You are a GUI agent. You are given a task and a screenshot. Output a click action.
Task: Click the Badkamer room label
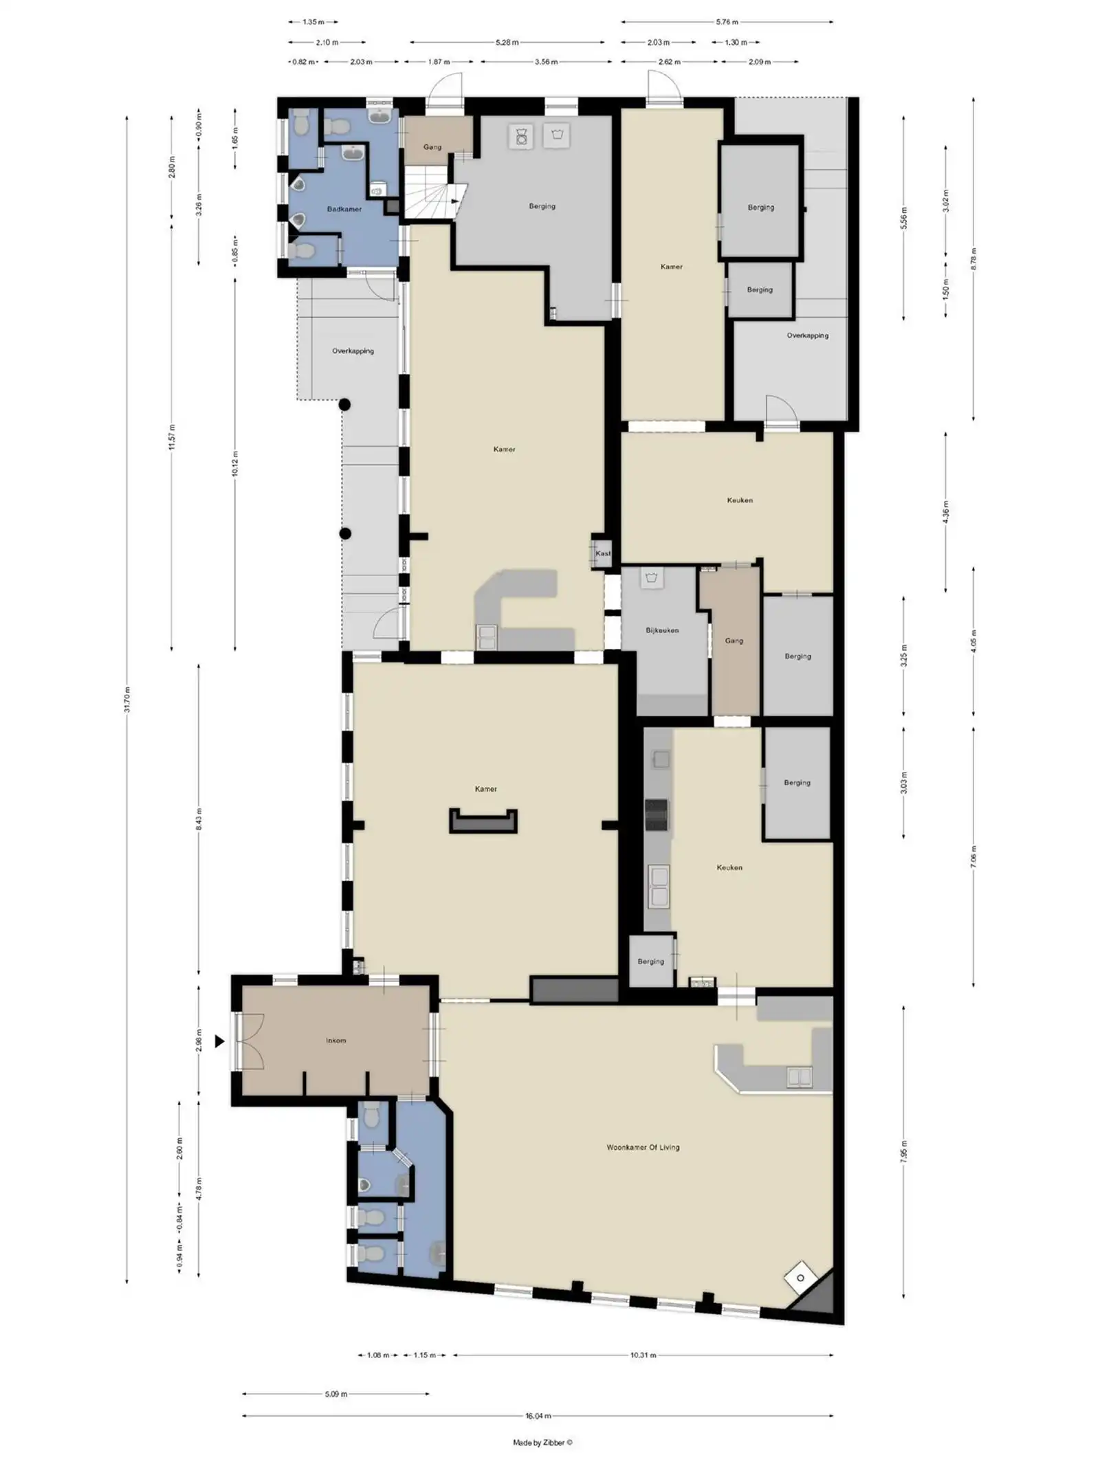(x=344, y=209)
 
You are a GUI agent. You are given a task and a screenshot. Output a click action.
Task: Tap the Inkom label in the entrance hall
(x=336, y=1041)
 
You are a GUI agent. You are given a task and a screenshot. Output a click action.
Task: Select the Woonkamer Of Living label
(x=643, y=1147)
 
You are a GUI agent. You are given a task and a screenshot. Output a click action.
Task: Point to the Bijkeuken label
(x=662, y=630)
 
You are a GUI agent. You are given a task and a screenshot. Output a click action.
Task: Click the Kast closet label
(x=603, y=553)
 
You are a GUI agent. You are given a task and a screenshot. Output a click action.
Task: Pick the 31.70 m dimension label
(x=127, y=700)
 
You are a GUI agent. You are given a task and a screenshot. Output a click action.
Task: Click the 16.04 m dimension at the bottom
(x=538, y=1416)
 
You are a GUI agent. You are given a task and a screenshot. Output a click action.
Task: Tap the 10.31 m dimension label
(x=643, y=1355)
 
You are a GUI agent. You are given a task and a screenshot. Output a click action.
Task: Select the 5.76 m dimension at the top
(x=727, y=22)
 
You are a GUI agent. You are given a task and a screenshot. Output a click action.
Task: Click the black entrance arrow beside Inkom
(x=219, y=1041)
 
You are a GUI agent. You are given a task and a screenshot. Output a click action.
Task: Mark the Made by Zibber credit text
(x=542, y=1443)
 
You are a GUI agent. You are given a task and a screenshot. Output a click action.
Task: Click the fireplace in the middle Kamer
(x=483, y=821)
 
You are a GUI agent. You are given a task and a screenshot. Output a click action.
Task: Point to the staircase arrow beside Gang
(x=454, y=201)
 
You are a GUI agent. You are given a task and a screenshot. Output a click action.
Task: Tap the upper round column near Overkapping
(x=344, y=405)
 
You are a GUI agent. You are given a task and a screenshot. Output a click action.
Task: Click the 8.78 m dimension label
(x=973, y=259)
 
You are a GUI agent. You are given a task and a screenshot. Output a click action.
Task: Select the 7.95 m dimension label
(x=903, y=1152)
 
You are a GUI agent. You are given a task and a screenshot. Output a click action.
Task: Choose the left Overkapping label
(x=353, y=351)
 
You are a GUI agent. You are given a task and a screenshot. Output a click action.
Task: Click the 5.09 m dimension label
(x=336, y=1394)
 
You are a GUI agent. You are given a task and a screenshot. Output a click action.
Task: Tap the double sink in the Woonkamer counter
(x=799, y=1077)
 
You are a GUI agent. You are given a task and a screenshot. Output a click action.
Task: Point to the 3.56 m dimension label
(x=546, y=62)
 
